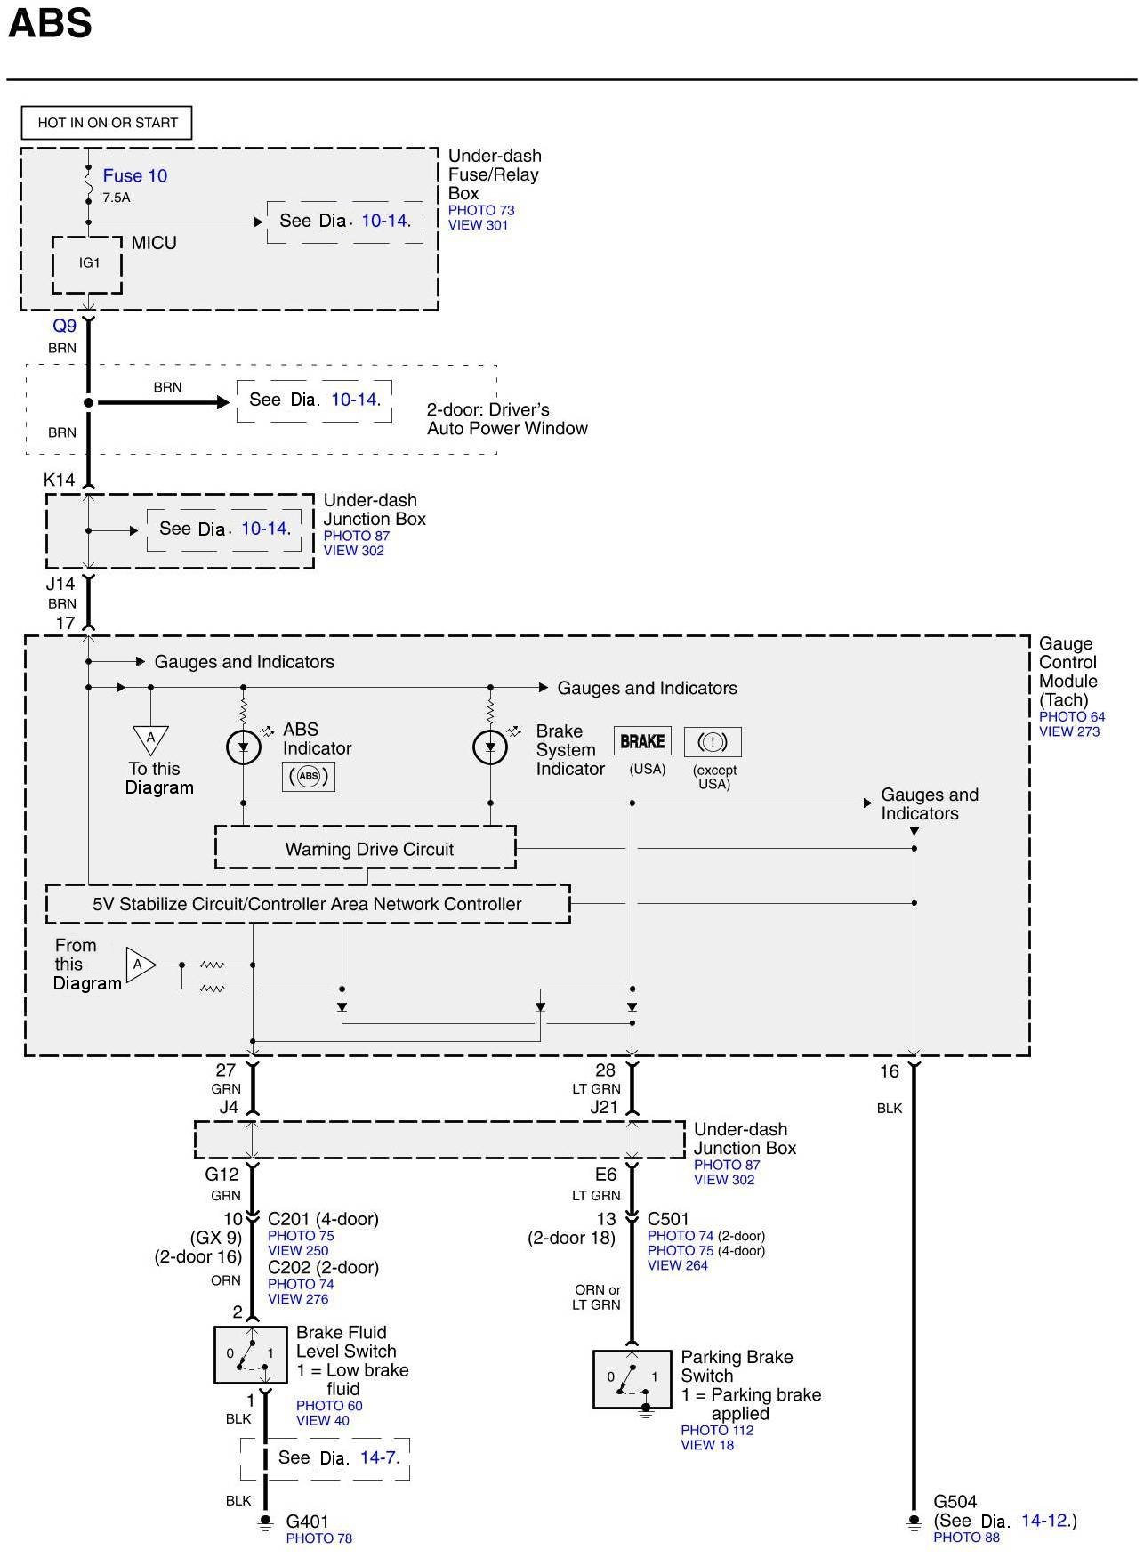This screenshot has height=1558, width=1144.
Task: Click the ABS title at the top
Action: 50,23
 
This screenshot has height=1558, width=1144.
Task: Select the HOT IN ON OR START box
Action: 107,123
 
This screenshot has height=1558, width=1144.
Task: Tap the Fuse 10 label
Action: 134,176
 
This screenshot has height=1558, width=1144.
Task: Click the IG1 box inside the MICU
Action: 87,264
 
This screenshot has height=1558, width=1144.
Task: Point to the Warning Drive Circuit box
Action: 366,849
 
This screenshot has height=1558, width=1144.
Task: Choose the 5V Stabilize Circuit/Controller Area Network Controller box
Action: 308,904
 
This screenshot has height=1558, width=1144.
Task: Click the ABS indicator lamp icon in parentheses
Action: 308,776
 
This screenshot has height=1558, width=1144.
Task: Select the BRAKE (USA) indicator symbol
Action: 642,741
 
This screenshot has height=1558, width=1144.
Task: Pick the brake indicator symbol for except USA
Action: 713,742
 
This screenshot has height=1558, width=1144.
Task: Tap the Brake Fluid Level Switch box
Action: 251,1355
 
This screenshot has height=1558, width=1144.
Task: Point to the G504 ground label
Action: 955,1502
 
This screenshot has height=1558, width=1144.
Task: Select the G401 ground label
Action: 307,1522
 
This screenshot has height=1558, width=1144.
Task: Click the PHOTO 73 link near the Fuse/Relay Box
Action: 481,210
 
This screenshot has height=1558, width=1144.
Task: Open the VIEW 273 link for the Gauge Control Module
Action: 1069,731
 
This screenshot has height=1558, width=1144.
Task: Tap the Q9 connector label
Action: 64,326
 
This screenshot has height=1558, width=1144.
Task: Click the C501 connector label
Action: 668,1219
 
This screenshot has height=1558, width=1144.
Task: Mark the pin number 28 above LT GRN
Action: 605,1070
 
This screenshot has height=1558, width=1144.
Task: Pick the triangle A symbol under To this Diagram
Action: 150,739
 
